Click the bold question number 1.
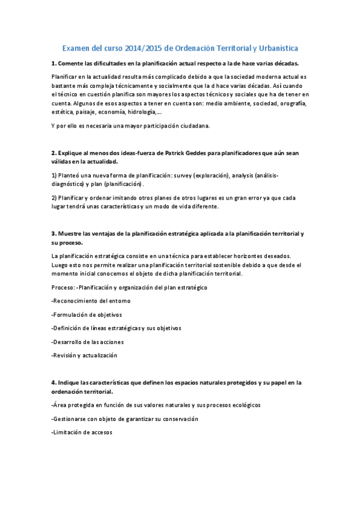(x=54, y=63)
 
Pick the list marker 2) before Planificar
(x=54, y=197)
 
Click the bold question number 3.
(x=54, y=233)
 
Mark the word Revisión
(x=65, y=355)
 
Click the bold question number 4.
(x=54, y=382)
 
